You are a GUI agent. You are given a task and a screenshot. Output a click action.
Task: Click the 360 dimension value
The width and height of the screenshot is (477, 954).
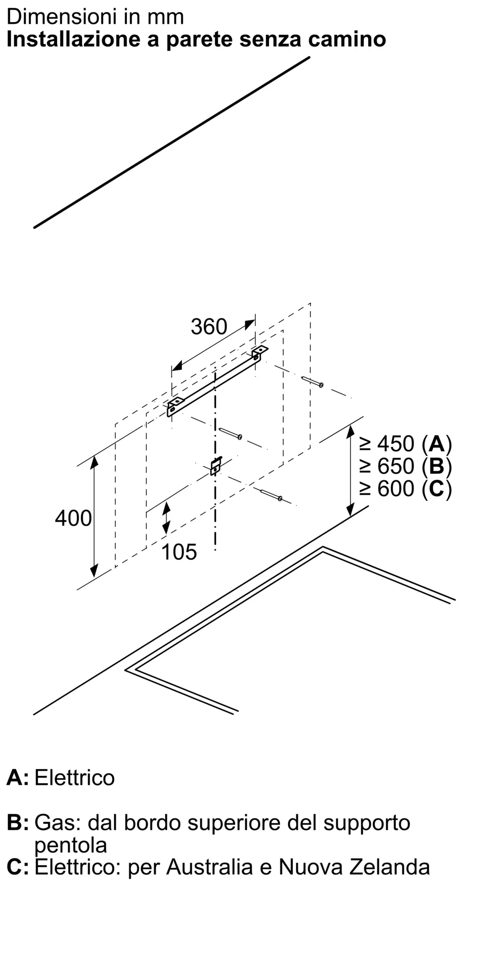209,327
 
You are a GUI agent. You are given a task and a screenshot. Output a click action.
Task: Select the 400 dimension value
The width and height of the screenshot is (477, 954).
73,518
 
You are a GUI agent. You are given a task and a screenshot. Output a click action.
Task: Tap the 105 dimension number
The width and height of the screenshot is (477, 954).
179,552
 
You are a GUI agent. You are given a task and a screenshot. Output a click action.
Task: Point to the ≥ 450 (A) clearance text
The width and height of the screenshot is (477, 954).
405,444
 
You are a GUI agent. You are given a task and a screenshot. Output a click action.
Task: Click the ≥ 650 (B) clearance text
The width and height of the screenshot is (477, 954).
405,466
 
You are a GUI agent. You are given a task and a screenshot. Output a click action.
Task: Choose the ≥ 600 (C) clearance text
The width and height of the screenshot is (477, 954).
405,488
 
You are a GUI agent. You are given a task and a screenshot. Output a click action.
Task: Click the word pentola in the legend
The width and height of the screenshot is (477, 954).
71,845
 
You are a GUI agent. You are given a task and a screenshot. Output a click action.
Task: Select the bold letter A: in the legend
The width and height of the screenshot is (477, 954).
18,778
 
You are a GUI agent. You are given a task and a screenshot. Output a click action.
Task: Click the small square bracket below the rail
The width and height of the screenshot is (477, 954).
216,466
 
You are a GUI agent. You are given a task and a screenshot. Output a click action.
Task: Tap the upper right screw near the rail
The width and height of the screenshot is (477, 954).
313,382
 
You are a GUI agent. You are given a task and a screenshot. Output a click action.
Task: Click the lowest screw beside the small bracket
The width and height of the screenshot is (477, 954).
271,495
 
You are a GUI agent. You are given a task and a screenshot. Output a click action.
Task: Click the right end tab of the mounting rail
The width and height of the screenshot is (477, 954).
259,352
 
